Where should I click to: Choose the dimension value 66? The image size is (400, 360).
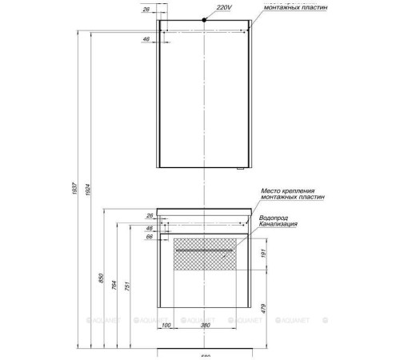150,237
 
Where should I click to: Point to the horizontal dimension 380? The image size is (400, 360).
206,326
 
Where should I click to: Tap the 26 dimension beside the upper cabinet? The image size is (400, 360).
145,10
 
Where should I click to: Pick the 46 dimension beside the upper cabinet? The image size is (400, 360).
146,38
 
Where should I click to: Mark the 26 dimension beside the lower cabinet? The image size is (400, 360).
150,216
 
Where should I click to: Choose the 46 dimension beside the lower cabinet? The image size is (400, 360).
150,227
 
